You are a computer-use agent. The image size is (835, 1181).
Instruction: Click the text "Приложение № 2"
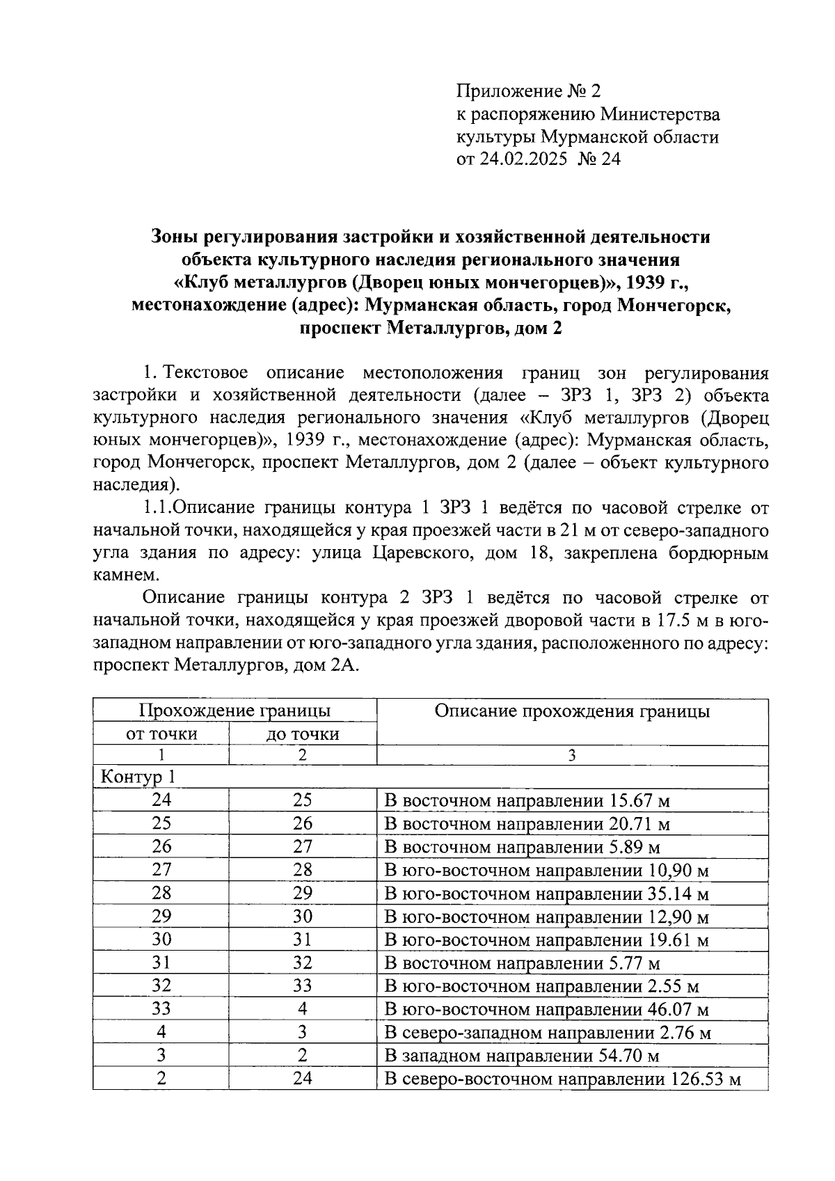pos(527,91)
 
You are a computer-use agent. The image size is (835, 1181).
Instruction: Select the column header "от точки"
pos(161,734)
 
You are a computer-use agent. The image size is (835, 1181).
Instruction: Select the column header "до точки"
pos(303,734)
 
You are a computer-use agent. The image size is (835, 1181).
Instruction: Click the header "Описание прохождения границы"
pos(572,711)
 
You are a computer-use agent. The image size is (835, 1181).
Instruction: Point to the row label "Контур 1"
pos(132,777)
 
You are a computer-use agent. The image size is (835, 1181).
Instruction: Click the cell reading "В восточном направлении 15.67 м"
pos(527,801)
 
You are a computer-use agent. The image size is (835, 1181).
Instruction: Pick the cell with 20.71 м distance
pos(527,825)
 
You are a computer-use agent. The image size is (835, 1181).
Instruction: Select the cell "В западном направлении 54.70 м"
pos(521,1056)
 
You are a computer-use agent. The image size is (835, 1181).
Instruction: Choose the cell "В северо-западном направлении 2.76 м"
pos(548,1033)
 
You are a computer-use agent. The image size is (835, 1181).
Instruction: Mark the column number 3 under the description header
pos(572,755)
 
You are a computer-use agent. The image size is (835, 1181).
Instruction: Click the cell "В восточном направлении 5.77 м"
pos(522,964)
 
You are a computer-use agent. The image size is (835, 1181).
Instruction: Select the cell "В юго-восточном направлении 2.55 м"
pos(541,987)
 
